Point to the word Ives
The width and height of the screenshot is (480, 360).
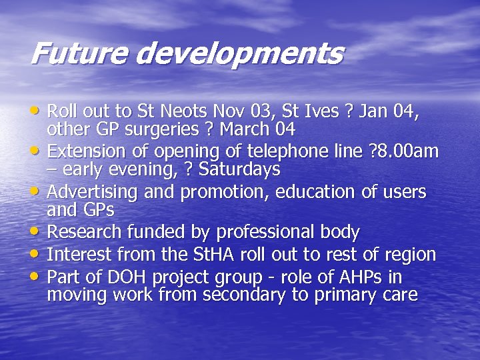point(333,109)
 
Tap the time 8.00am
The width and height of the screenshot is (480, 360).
point(402,151)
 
